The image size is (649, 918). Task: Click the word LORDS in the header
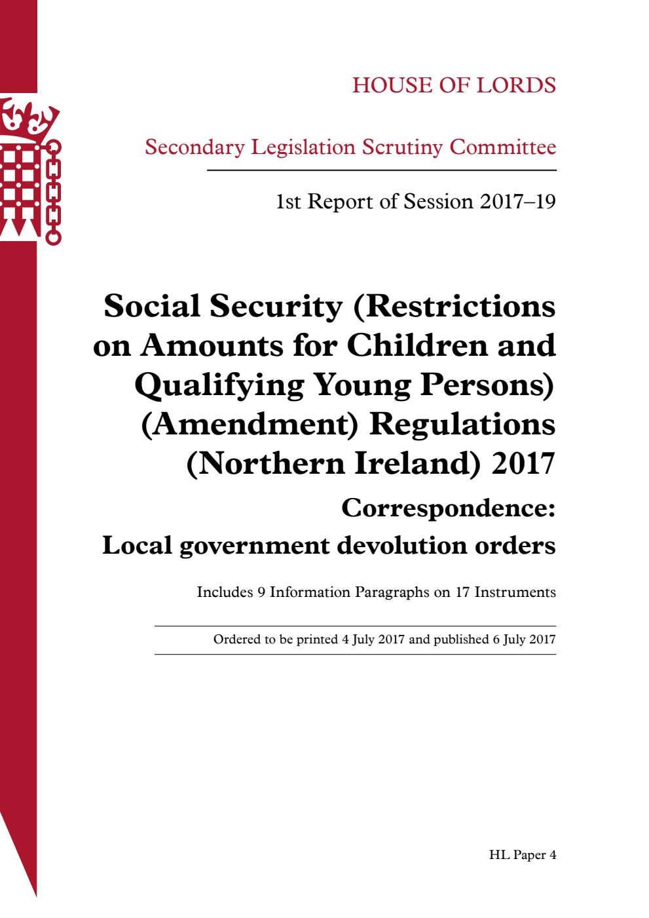pos(516,85)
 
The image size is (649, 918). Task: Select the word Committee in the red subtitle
pos(502,147)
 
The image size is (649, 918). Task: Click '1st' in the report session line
pos(288,202)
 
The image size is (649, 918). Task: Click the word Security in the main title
pos(276,307)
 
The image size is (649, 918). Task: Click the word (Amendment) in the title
pos(250,425)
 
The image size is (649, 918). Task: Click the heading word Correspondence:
pos(449,508)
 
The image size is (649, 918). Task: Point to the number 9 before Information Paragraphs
pos(261,592)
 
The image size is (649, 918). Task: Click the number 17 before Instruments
pos(462,592)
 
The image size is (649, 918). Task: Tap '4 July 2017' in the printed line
pos(373,640)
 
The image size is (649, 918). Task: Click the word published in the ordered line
pos(462,640)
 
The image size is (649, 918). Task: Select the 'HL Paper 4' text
pos(523,855)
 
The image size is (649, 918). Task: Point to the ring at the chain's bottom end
pos(53,237)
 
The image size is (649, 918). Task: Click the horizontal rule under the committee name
pos(381,170)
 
